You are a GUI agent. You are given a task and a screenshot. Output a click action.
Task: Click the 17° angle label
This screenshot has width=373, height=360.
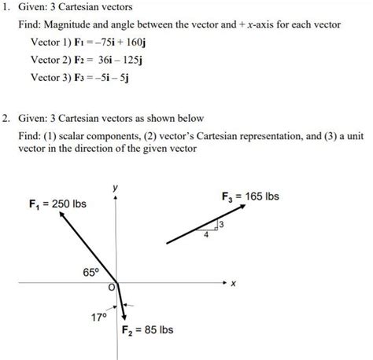coord(98,318)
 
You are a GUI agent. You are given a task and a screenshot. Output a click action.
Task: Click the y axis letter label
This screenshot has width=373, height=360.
coord(116,187)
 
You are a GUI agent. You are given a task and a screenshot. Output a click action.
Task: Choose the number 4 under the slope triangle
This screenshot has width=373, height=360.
coord(207,233)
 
